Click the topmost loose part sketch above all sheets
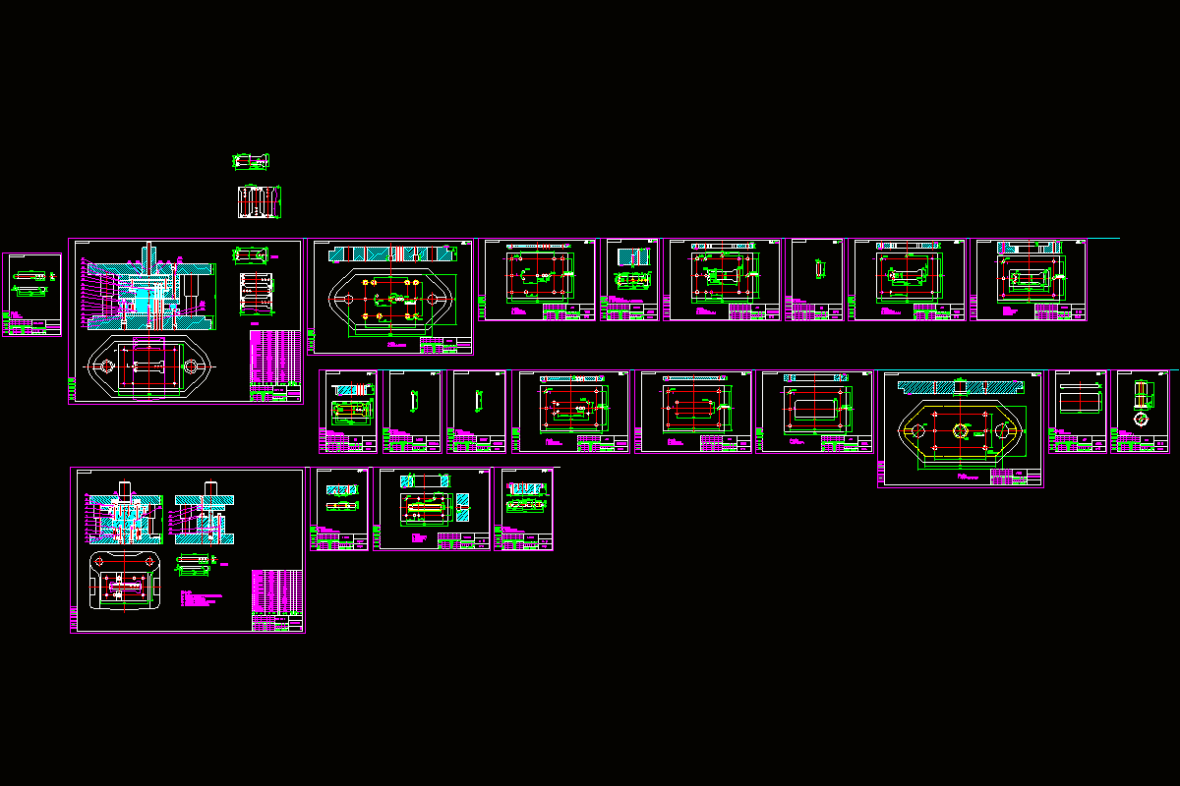[x=250, y=161]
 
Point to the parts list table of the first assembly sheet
[x=275, y=360]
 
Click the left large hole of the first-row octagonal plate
[x=346, y=299]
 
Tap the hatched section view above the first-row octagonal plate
[x=390, y=253]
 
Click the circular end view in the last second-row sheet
[x=1141, y=419]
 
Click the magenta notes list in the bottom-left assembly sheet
[x=202, y=599]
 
